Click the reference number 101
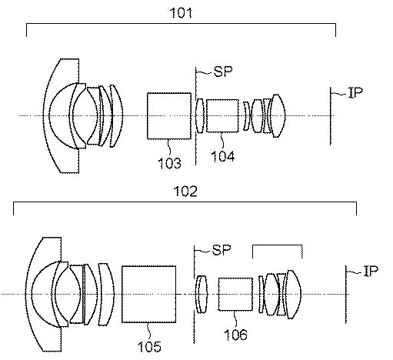pyautogui.click(x=181, y=13)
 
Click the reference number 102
pyautogui.click(x=185, y=192)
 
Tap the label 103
pyautogui.click(x=169, y=163)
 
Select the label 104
pyautogui.click(x=222, y=156)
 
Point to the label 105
pyautogui.click(x=149, y=347)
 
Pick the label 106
pyautogui.click(x=235, y=335)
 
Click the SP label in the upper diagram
pyautogui.click(x=223, y=72)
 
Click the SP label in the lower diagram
pyautogui.click(x=221, y=250)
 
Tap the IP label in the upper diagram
pyautogui.click(x=356, y=92)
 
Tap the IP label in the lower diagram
pyautogui.click(x=371, y=271)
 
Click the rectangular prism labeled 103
pyautogui.click(x=169, y=116)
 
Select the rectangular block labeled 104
pyautogui.click(x=222, y=116)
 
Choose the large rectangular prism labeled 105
pyautogui.click(x=148, y=294)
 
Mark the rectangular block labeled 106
pyautogui.click(x=235, y=294)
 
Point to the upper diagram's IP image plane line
pyautogui.click(x=331, y=116)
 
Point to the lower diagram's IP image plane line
pyautogui.click(x=346, y=294)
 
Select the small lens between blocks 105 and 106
pyautogui.click(x=201, y=294)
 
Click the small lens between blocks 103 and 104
pyautogui.click(x=200, y=116)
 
